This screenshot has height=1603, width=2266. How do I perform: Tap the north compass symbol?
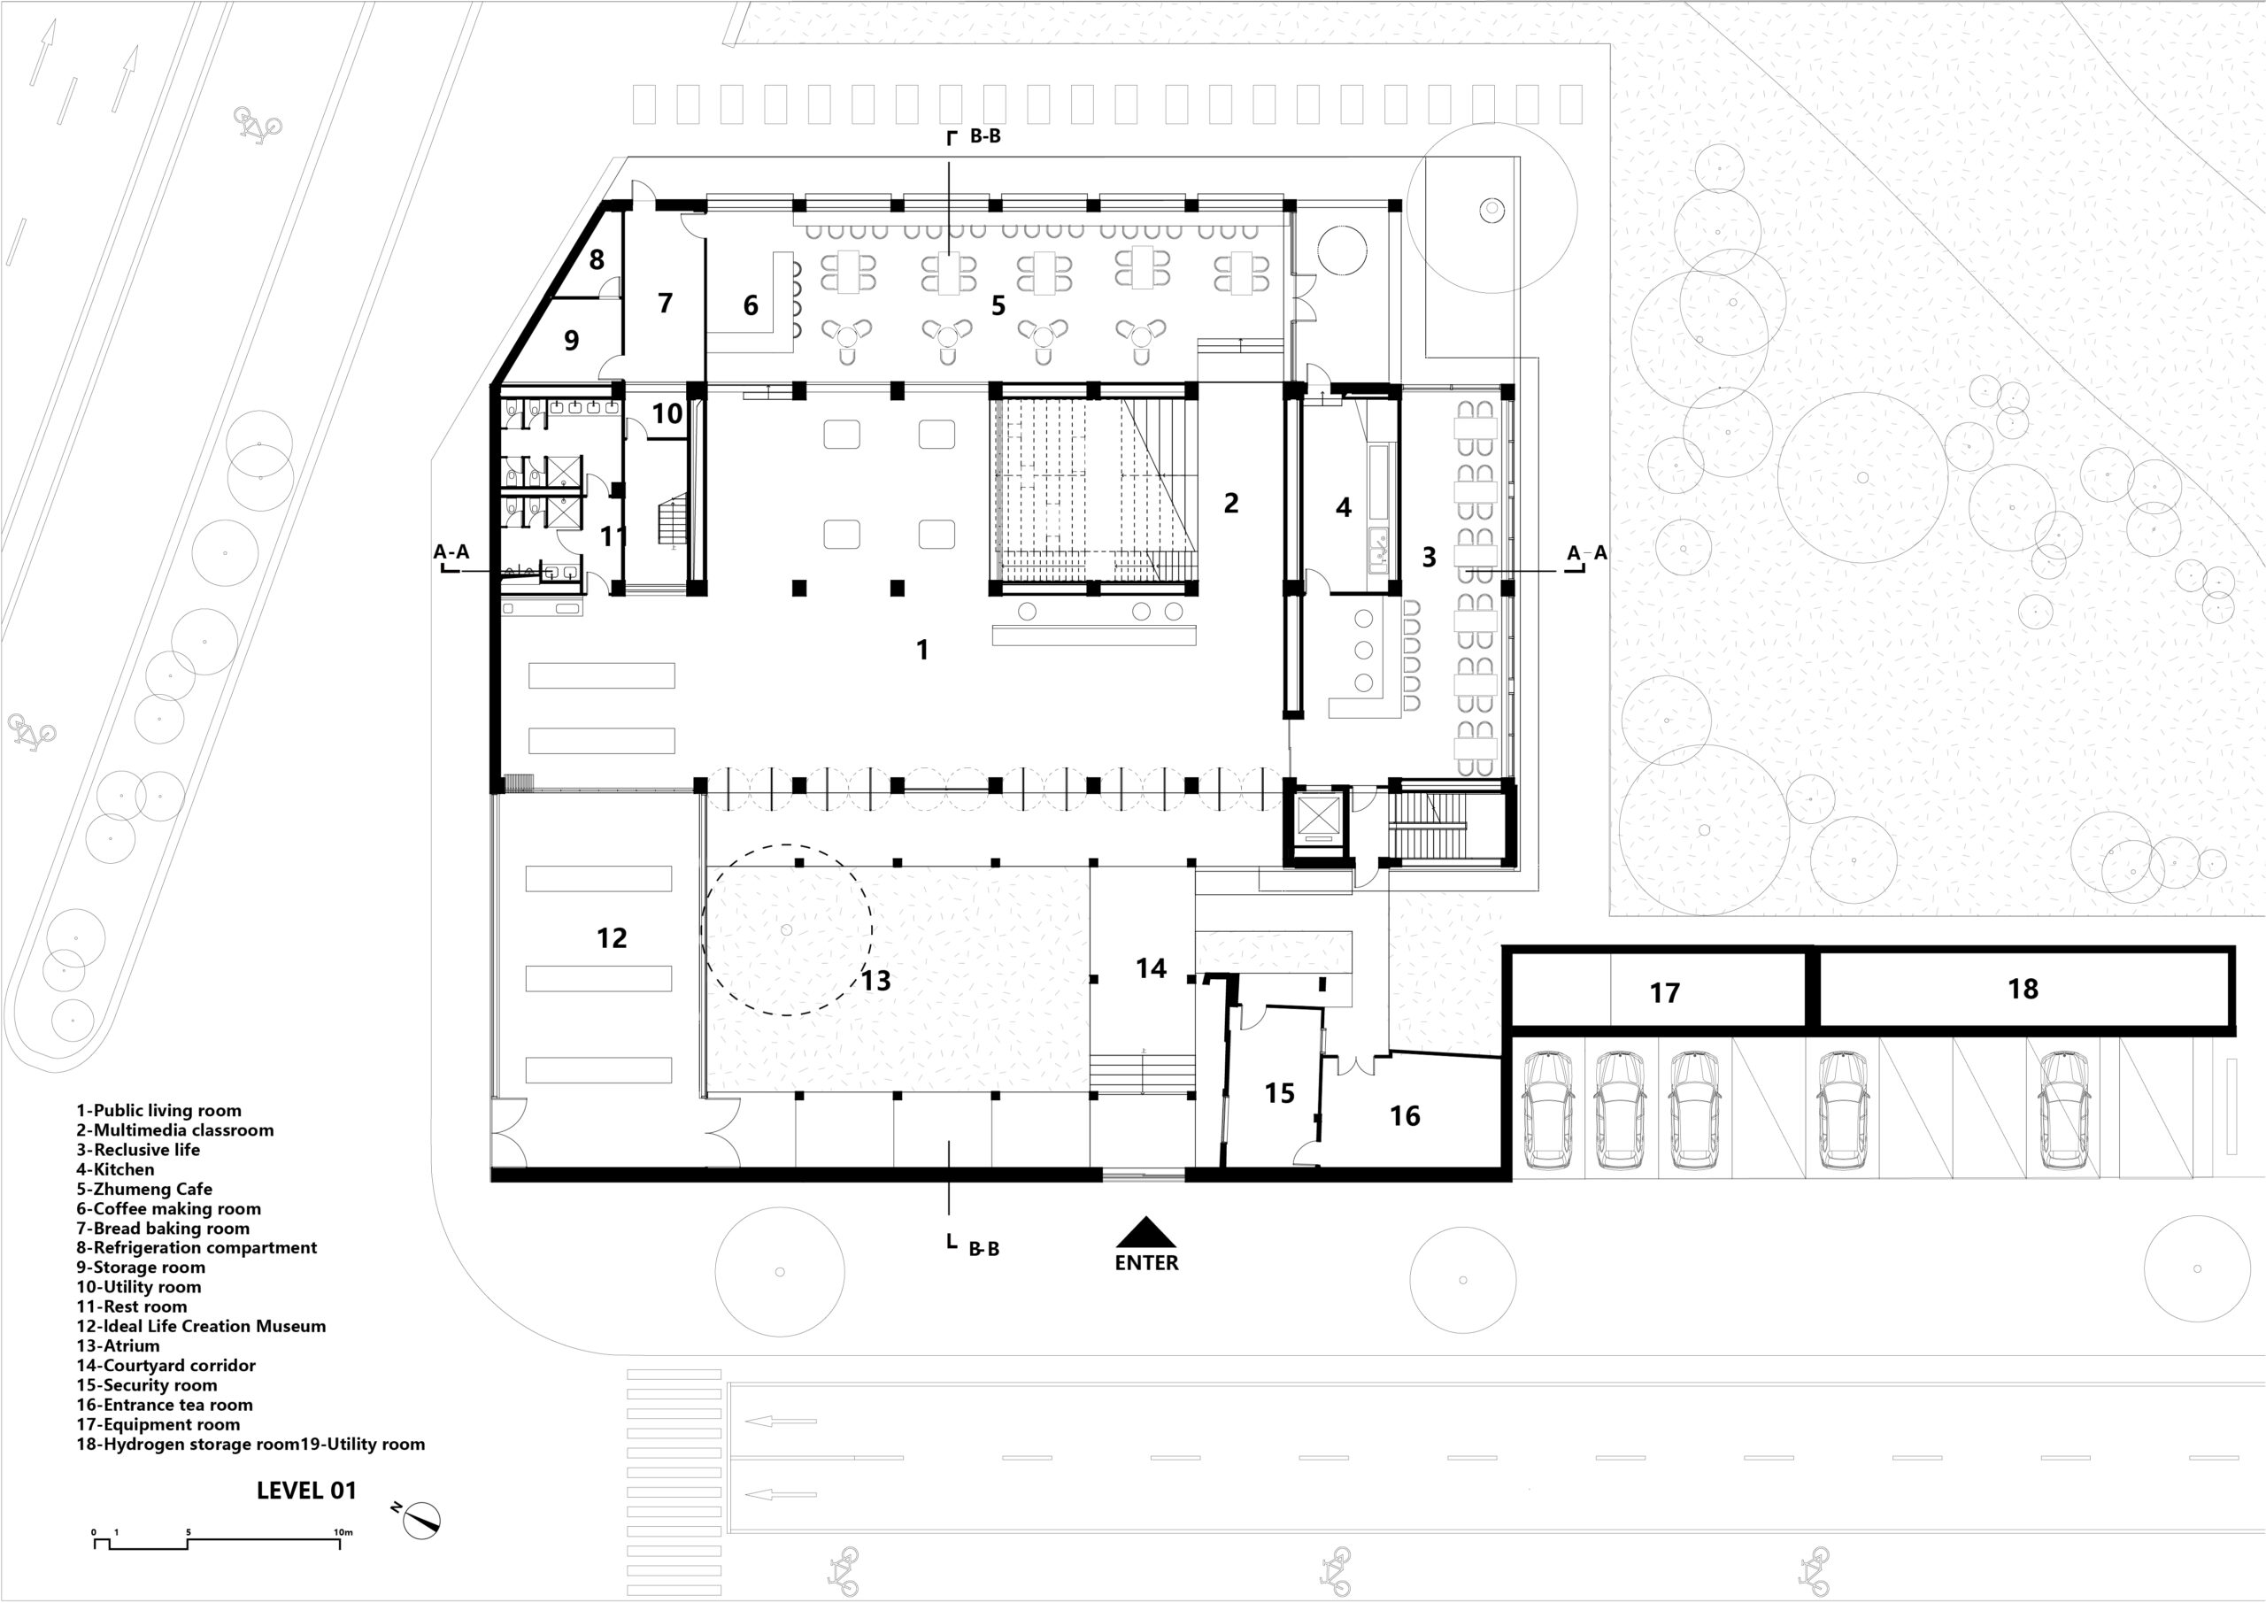tap(421, 1518)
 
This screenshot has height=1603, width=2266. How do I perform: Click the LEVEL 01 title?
tap(306, 1491)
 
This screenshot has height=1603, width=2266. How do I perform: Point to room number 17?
tap(1665, 993)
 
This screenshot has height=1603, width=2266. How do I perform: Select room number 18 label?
tap(2023, 989)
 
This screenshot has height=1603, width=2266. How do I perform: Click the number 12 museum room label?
tap(612, 937)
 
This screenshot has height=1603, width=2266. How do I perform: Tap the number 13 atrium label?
tap(876, 980)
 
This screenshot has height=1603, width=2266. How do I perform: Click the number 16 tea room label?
tap(1406, 1115)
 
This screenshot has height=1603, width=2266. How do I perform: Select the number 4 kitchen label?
tap(1343, 507)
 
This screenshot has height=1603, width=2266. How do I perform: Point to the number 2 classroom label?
tap(1230, 503)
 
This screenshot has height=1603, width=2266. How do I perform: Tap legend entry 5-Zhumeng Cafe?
tap(144, 1190)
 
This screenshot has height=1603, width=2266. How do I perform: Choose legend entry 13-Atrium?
tap(118, 1345)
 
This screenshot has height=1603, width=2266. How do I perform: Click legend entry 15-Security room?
tap(147, 1385)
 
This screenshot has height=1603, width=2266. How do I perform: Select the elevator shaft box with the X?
tap(1320, 817)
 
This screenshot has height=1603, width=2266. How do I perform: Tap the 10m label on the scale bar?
tap(343, 1533)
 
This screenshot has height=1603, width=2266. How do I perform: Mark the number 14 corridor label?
tap(1151, 968)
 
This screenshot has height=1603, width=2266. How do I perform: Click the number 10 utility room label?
tap(667, 413)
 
